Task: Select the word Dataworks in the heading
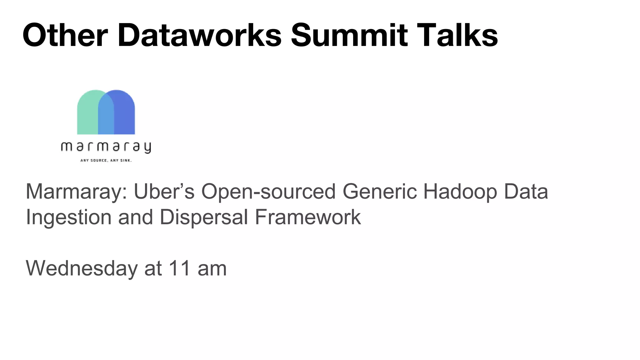[199, 35]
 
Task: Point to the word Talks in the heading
[457, 35]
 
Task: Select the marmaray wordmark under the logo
[106, 147]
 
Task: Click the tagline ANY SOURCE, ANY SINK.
[106, 161]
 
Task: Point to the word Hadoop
[460, 192]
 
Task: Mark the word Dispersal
[204, 217]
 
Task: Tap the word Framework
[308, 217]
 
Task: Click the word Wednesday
[82, 268]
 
